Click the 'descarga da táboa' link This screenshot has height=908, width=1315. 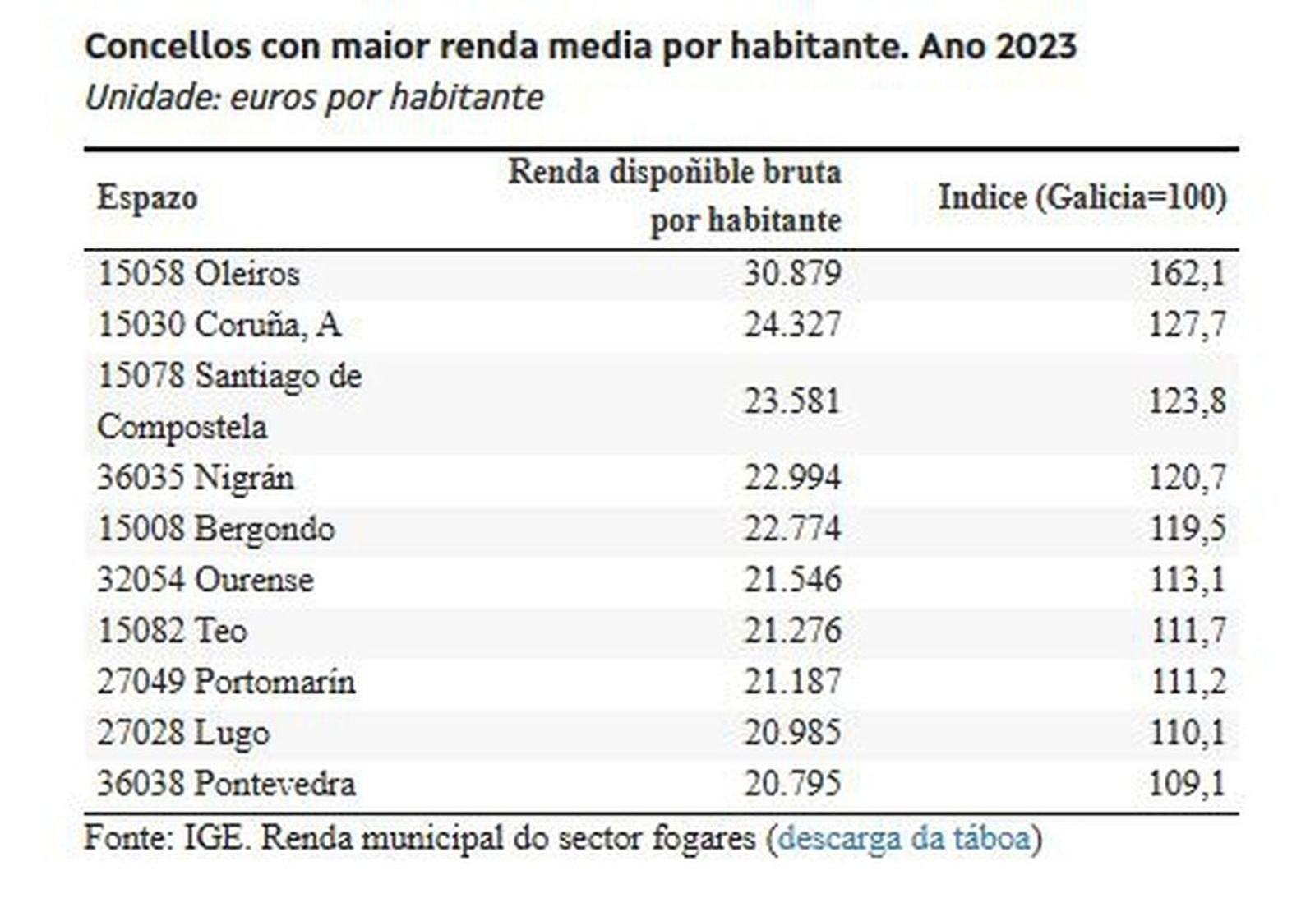[x=903, y=838]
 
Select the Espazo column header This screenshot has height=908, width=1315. [x=147, y=197]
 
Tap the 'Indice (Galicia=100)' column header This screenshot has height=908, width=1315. [x=1082, y=197]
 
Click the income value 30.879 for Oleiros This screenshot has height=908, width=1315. [x=792, y=274]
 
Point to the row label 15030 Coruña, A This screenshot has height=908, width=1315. [x=219, y=325]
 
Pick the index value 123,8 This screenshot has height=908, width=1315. [x=1187, y=401]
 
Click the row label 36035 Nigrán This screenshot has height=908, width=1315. [x=196, y=478]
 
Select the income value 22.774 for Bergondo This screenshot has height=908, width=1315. [x=792, y=529]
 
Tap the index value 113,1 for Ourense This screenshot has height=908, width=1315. [x=1187, y=580]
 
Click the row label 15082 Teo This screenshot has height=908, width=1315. [x=172, y=631]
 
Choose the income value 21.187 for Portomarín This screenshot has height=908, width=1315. [x=792, y=682]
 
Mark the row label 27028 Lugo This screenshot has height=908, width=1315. [x=182, y=733]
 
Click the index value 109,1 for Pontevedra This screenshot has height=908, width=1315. [x=1187, y=784]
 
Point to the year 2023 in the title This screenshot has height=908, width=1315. [x=1036, y=46]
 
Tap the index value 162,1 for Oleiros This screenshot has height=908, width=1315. [x=1187, y=274]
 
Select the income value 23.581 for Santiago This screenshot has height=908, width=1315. [x=792, y=401]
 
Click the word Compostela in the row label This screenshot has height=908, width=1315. [x=182, y=428]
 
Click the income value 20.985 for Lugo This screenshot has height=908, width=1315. [x=792, y=733]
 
